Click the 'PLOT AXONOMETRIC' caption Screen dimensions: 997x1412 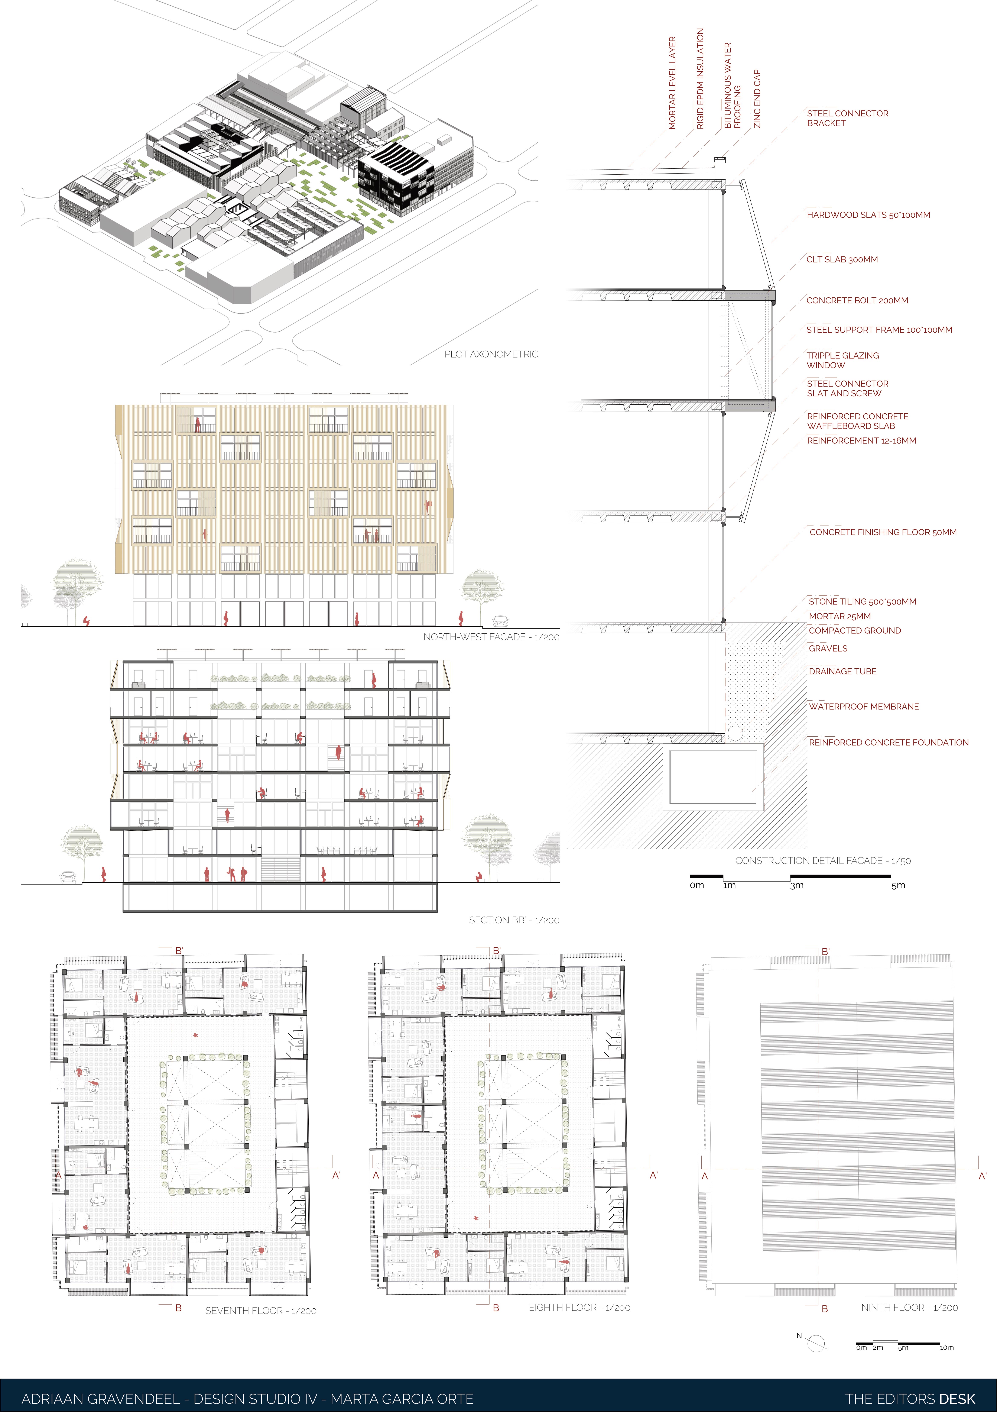pyautogui.click(x=491, y=354)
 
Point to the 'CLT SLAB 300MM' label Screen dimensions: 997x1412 pyautogui.click(x=842, y=259)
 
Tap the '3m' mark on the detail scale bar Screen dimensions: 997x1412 pyautogui.click(x=797, y=886)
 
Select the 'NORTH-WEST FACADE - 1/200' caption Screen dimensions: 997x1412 pyautogui.click(x=491, y=637)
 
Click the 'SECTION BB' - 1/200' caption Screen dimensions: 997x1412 pyautogui.click(x=514, y=920)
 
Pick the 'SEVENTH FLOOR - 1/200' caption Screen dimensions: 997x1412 pyautogui.click(x=261, y=1311)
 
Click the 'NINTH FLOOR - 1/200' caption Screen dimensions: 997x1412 pyautogui.click(x=909, y=1308)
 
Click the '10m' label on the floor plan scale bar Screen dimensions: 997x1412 pyautogui.click(x=947, y=1347)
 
